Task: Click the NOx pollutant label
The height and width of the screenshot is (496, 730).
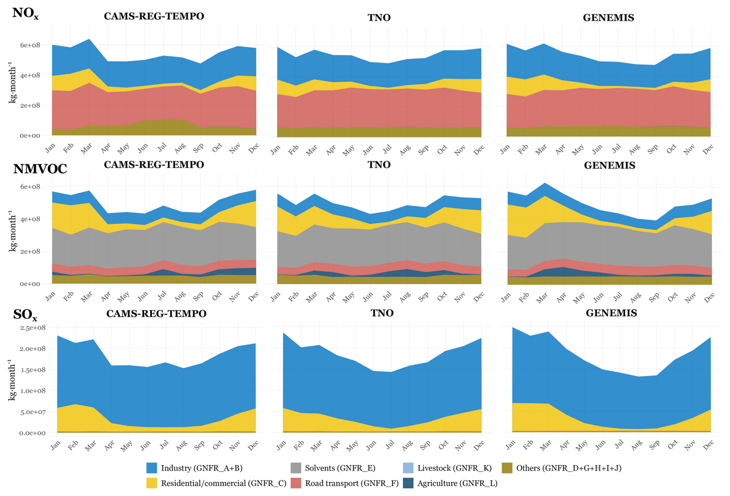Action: pyautogui.click(x=25, y=14)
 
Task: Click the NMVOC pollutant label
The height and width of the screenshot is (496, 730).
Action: pyautogui.click(x=40, y=169)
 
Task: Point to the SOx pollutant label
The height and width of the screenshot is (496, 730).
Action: pyautogui.click(x=25, y=315)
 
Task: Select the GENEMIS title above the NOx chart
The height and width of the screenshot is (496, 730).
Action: pyautogui.click(x=608, y=18)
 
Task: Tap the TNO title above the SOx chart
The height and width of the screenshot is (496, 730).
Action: pyautogui.click(x=382, y=313)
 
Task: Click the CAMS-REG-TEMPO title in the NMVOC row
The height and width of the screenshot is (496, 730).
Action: pyautogui.click(x=154, y=165)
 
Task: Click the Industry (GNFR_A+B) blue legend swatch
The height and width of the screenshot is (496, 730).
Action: pyautogui.click(x=152, y=468)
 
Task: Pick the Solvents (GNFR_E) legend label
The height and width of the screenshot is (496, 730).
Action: pyautogui.click(x=340, y=468)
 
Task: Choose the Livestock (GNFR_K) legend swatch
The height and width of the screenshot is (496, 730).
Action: pyautogui.click(x=408, y=468)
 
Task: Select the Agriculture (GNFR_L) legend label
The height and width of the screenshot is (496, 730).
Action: pyautogui.click(x=457, y=483)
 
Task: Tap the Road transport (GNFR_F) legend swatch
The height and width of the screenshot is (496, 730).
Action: pyautogui.click(x=296, y=483)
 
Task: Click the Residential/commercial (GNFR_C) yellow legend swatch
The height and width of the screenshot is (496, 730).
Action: pyautogui.click(x=152, y=483)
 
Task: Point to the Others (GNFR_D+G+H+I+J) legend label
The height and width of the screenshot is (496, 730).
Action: pyautogui.click(x=569, y=468)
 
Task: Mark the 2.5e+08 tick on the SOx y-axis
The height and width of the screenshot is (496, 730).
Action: pyautogui.click(x=32, y=328)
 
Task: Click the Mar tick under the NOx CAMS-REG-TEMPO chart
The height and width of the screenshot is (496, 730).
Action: pyautogui.click(x=86, y=149)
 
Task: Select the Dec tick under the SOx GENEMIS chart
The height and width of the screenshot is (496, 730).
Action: pyautogui.click(x=709, y=446)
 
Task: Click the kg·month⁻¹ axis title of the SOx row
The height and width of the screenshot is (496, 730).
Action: pyautogui.click(x=12, y=380)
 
